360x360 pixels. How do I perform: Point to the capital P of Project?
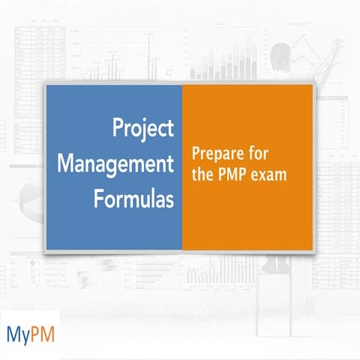[x=118, y=128]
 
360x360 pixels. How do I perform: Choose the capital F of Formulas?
[x=100, y=199]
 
